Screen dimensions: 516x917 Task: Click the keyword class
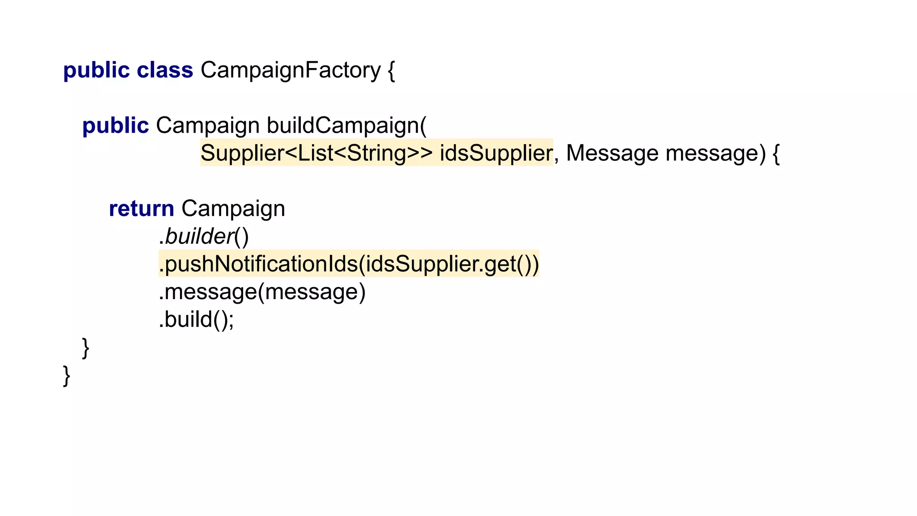165,70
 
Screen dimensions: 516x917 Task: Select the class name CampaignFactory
290,70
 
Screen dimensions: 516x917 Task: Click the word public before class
96,70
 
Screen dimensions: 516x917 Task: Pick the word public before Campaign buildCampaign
115,126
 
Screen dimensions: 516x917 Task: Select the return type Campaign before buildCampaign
207,126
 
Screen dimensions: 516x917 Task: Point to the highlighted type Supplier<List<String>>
316,153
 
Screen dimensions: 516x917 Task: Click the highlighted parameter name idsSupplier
496,153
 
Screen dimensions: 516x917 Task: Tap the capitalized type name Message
612,153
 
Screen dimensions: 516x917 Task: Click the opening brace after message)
776,154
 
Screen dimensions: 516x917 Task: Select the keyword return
141,209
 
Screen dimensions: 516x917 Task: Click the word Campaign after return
233,209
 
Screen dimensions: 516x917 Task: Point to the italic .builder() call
203,236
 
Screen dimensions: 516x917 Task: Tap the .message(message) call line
262,292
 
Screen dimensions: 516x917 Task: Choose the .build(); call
196,320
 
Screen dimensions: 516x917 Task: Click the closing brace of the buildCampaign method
86,348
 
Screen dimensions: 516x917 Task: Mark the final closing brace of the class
67,375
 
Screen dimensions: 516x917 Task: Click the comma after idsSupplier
557,159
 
